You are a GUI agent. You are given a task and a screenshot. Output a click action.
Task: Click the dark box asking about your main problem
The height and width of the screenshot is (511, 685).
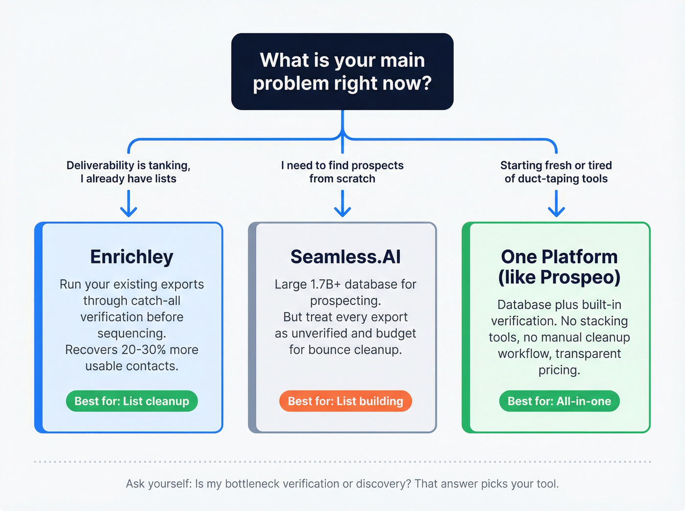click(x=342, y=72)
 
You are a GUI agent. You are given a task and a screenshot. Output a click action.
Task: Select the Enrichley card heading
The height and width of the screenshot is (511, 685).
click(x=132, y=257)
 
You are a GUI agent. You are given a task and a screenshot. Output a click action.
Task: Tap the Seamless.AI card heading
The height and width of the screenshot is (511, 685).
click(x=345, y=257)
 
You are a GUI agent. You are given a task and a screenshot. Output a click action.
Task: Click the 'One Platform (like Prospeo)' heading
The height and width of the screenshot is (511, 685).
click(x=559, y=267)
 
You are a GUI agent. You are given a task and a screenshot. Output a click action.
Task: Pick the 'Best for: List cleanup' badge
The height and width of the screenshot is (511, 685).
click(x=132, y=401)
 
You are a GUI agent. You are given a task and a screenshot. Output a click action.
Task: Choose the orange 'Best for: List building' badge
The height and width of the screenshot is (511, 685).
click(x=345, y=401)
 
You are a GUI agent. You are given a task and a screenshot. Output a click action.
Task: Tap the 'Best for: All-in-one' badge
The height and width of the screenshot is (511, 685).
click(x=559, y=401)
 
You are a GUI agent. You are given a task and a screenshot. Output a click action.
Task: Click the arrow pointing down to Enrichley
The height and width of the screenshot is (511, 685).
click(x=129, y=203)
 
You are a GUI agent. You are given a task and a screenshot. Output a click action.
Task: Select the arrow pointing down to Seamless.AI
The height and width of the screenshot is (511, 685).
click(x=342, y=203)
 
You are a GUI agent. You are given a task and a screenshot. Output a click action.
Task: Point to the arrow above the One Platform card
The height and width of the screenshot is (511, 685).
click(x=556, y=203)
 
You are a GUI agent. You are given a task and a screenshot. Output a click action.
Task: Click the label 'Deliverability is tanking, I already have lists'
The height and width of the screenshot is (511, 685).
click(x=129, y=172)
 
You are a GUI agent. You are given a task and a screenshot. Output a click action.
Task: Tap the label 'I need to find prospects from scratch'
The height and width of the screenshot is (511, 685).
click(x=342, y=172)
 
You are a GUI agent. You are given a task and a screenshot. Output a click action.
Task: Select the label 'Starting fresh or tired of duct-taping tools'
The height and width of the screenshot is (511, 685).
click(x=556, y=172)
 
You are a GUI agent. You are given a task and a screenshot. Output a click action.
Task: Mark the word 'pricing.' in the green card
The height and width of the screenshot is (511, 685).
click(x=559, y=370)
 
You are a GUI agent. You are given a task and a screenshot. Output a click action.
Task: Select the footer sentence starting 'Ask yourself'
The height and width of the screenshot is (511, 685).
click(x=342, y=484)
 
